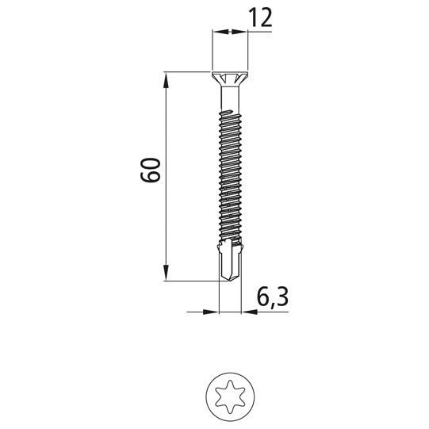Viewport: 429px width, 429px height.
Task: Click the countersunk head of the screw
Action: (x=228, y=80)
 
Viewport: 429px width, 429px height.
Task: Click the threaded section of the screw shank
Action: (x=228, y=174)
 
